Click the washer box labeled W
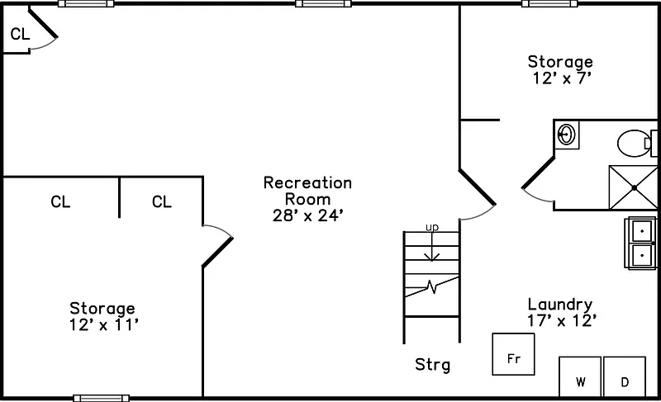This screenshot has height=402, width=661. coord(580,378)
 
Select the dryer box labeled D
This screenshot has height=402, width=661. coord(625,378)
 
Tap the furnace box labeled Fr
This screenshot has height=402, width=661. coord(513,354)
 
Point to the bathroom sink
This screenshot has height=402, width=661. coord(567,134)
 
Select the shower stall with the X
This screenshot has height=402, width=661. coord(633,187)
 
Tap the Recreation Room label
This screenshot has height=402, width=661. coord(307,191)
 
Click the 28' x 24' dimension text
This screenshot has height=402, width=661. coord(307,216)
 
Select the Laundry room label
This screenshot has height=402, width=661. coord(560,304)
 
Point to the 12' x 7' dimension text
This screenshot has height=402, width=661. coord(560,78)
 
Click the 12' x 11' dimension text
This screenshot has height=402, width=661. coord(102,325)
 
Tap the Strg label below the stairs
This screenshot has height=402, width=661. coord(432,364)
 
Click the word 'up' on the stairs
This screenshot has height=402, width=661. coord(431,227)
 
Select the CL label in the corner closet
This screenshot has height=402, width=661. coord(20,34)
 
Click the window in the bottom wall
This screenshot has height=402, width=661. coord(101,398)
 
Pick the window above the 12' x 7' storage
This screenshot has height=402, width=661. coord(549,4)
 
